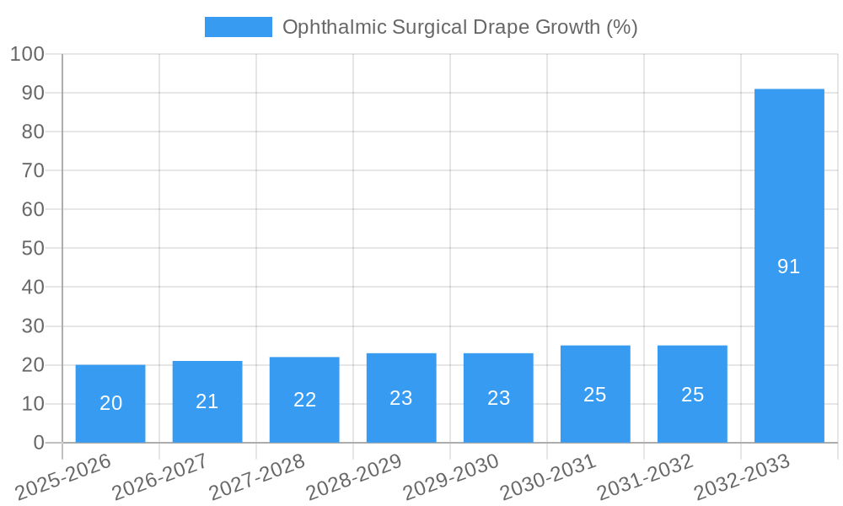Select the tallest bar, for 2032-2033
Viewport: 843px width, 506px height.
[789, 266]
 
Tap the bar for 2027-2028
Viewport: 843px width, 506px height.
[304, 400]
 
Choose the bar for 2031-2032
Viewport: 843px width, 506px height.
[692, 394]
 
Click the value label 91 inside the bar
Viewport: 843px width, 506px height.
[789, 266]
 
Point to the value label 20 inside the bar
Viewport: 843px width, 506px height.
[111, 403]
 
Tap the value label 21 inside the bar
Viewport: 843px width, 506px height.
[207, 401]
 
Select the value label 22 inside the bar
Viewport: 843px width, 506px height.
[304, 400]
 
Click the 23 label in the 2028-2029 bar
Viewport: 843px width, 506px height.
[401, 398]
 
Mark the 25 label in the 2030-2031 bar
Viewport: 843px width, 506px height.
[595, 395]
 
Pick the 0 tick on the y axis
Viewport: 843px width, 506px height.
[38, 443]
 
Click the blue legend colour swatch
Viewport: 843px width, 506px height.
[239, 27]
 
